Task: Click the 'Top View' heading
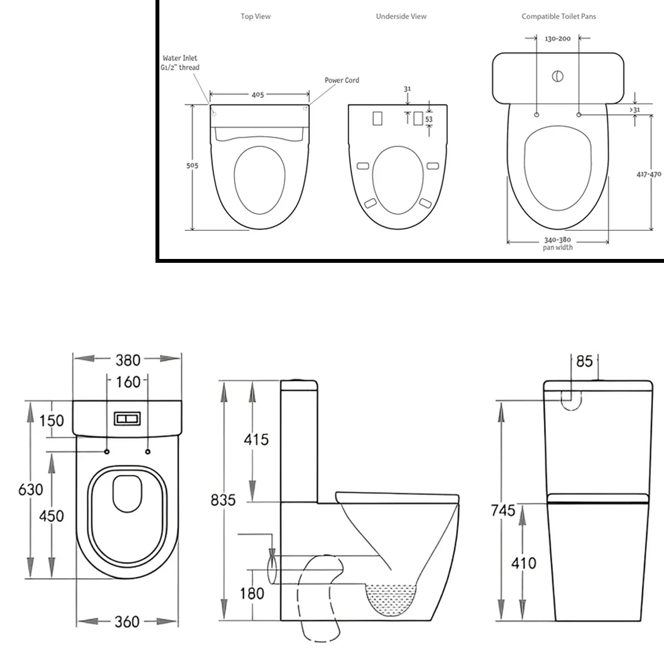[255, 16]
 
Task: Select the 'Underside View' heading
[401, 16]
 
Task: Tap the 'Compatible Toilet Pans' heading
[558, 16]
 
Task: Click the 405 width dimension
[258, 95]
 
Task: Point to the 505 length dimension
[192, 165]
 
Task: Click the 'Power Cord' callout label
[342, 80]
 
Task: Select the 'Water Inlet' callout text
[180, 58]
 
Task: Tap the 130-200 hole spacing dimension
[558, 39]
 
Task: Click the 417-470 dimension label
[649, 174]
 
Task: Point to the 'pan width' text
[558, 247]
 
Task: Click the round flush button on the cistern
[558, 76]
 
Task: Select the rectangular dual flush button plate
[127, 419]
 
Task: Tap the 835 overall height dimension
[223, 500]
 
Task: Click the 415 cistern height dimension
[256, 440]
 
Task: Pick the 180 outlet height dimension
[252, 593]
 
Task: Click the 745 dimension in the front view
[503, 510]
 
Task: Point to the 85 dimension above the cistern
[584, 361]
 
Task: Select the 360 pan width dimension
[127, 621]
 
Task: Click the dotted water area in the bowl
[391, 599]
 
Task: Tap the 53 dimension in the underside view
[429, 119]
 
